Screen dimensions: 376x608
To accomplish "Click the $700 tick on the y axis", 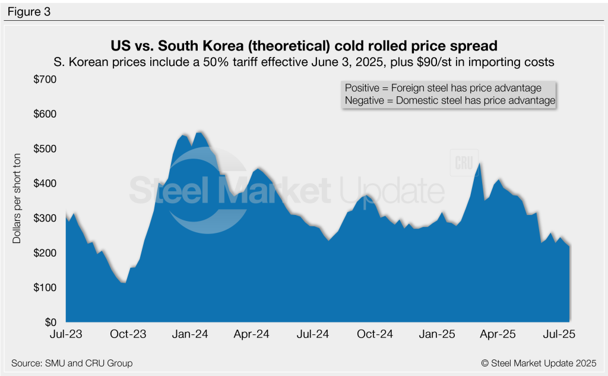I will click(46, 79).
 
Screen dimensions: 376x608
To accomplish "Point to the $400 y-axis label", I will click(46, 183).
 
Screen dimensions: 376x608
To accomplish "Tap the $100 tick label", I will click(46, 287).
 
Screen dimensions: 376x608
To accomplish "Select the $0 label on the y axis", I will click(51, 322).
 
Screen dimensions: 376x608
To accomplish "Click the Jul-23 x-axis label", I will click(66, 334).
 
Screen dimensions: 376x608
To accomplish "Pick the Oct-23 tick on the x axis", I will click(128, 334).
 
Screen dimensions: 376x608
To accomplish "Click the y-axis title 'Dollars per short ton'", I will click(17, 201).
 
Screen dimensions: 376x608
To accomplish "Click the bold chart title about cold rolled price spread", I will click(304, 46).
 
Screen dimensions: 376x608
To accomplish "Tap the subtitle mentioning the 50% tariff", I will click(304, 61).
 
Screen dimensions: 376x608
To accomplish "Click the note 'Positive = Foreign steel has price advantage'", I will click(443, 88).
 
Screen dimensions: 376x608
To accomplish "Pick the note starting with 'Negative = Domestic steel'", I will click(449, 101).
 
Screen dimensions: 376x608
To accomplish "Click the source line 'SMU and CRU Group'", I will click(72, 363).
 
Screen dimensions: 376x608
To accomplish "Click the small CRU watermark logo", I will click(463, 162).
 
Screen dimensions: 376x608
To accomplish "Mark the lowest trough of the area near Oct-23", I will click(124, 282).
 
